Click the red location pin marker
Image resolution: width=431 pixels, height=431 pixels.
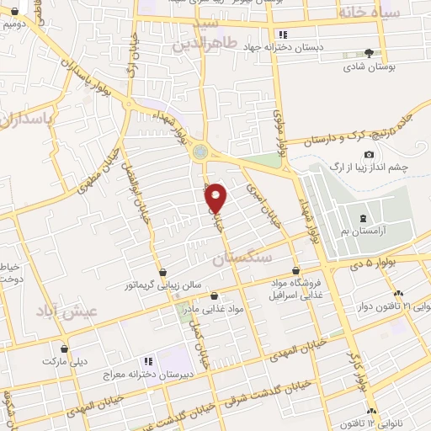(216, 197)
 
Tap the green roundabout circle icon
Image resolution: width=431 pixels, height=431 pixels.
(200, 152)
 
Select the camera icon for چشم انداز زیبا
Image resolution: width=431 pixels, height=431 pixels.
(369, 154)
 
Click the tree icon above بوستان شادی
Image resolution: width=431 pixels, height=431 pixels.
(368, 52)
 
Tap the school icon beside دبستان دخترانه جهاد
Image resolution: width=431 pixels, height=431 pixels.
(283, 35)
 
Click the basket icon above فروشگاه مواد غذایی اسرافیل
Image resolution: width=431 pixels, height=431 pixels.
(295, 270)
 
